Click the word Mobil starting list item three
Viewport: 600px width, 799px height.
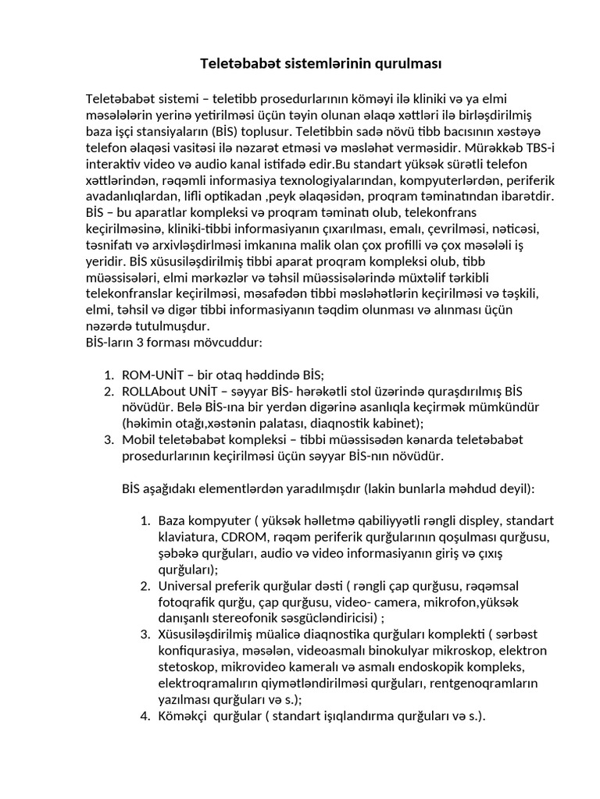coord(139,440)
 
